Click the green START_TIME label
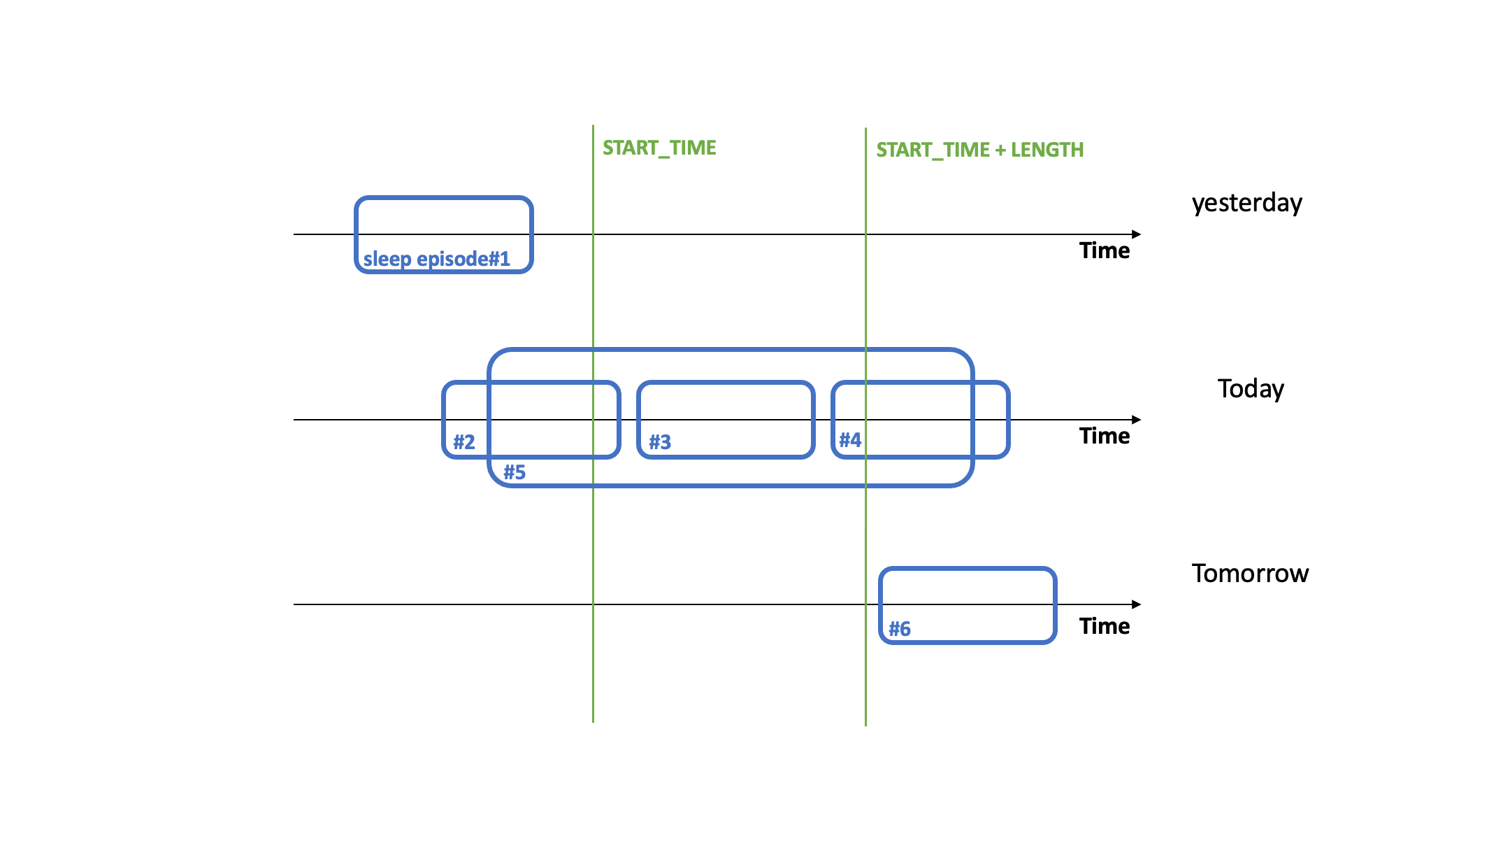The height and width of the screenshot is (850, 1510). point(659,148)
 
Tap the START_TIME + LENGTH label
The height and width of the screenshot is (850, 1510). point(979,150)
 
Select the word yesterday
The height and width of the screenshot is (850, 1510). point(1246,203)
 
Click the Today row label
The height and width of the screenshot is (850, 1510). point(1251,388)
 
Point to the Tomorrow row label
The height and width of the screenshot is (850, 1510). point(1250,574)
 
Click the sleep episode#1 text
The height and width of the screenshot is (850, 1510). point(437,259)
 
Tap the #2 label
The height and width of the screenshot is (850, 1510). point(464,442)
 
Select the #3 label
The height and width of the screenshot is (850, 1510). point(660,442)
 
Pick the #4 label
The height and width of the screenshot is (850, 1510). point(850,440)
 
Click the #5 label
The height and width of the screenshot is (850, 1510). point(515,472)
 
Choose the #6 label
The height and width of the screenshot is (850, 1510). point(900,629)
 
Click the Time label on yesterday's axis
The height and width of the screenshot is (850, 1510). point(1104,250)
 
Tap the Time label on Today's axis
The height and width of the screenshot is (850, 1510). point(1104,436)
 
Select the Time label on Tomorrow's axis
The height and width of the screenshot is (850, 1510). point(1104,626)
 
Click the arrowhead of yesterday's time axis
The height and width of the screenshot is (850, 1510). point(1137,234)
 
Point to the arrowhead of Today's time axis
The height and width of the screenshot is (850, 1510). point(1137,420)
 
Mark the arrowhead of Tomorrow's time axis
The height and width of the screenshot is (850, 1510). point(1137,604)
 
